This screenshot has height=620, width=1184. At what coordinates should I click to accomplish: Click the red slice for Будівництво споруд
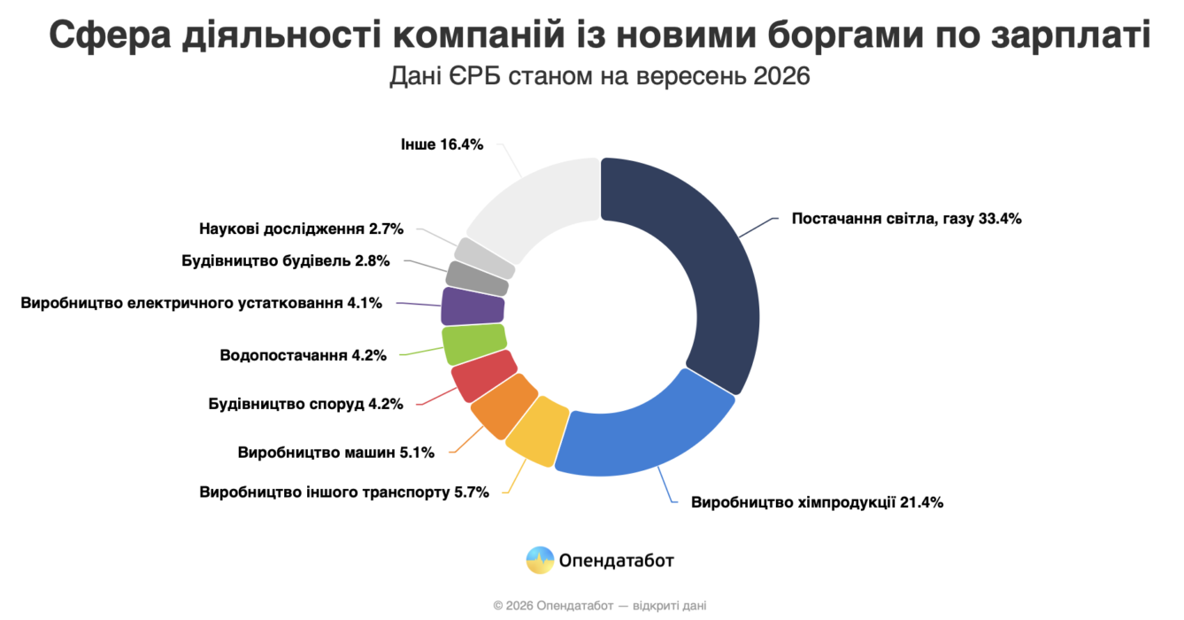(482, 376)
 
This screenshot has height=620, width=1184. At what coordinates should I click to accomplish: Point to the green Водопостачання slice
(473, 344)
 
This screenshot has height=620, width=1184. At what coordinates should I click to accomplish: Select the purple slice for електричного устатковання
(472, 306)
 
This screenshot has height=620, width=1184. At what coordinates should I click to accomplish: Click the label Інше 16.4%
(442, 144)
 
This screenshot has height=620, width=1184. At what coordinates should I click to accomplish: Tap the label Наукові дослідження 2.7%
(301, 229)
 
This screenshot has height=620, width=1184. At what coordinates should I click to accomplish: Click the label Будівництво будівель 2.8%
(286, 260)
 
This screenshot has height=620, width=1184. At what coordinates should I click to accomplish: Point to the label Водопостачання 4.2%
(303, 355)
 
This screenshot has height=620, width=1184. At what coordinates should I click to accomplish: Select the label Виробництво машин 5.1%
(336, 453)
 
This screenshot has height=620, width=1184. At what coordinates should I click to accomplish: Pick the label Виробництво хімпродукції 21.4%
(817, 502)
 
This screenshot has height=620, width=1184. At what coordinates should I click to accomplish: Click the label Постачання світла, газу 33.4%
(906, 219)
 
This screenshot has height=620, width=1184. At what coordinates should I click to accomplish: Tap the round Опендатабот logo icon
(540, 561)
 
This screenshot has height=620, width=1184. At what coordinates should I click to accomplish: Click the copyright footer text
(599, 605)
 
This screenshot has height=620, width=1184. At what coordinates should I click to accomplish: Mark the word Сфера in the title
(110, 35)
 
